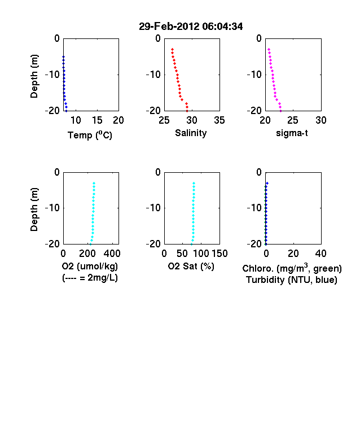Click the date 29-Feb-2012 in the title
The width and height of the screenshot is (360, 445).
point(169,27)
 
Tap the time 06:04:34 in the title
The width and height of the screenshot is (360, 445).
point(222,27)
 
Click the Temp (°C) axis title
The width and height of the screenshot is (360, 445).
point(90,135)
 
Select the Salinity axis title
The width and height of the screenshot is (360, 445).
point(191,133)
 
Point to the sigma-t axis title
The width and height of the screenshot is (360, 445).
point(292,133)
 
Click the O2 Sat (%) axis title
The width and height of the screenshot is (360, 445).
point(191,266)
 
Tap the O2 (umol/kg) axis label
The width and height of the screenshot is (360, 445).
point(90,266)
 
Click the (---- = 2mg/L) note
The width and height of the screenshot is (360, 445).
point(90,277)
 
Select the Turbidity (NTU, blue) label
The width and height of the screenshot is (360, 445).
point(292,280)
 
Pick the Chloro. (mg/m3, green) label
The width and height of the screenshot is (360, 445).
point(292,268)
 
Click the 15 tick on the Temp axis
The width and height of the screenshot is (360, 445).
point(97,120)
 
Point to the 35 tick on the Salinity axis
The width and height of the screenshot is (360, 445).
point(219,120)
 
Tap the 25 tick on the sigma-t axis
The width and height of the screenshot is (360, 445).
point(292,120)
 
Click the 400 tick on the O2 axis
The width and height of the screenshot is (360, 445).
point(112,254)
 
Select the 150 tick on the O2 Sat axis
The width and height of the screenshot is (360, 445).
point(219,254)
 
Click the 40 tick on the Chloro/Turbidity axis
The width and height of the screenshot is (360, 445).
point(321,254)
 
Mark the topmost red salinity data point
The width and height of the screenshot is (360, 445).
point(172,49)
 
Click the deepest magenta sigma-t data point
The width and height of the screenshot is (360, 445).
point(280,111)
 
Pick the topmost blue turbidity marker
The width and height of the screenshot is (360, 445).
point(267,184)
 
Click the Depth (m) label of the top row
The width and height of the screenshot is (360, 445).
point(34,76)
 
